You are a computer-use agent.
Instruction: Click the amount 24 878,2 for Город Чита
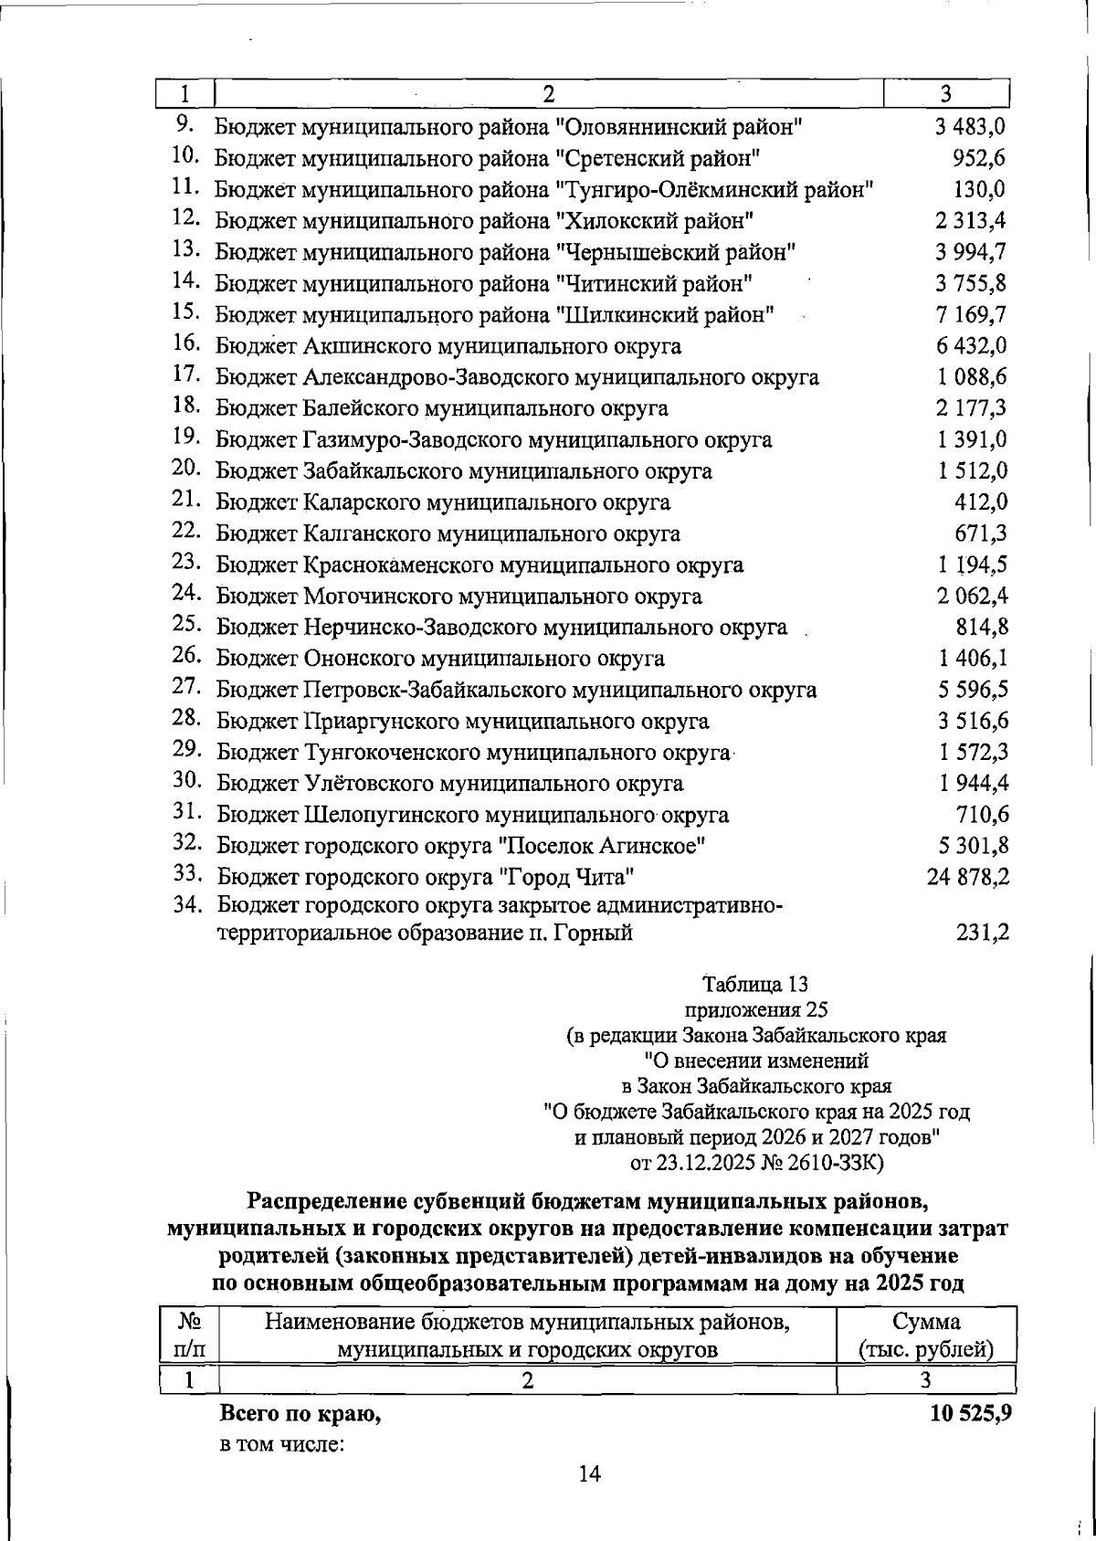pyautogui.click(x=968, y=878)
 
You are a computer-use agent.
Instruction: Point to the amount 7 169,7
pyautogui.click(x=972, y=315)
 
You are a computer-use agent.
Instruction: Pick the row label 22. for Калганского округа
pyautogui.click(x=185, y=532)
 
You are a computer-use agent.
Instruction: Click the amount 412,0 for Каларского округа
pyautogui.click(x=981, y=501)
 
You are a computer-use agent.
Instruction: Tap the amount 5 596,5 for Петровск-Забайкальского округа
pyautogui.click(x=973, y=690)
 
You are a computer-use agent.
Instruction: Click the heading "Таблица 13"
pyautogui.click(x=755, y=985)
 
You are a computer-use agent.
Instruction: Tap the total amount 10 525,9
pyautogui.click(x=970, y=1440)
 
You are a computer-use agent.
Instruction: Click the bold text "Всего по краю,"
pyautogui.click(x=300, y=1441)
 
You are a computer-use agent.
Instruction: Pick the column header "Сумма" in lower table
pyautogui.click(x=926, y=1322)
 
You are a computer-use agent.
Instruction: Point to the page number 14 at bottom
pyautogui.click(x=589, y=1499)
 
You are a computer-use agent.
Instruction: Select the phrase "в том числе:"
pyautogui.click(x=280, y=1472)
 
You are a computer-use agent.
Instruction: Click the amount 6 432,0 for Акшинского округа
pyautogui.click(x=972, y=346)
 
